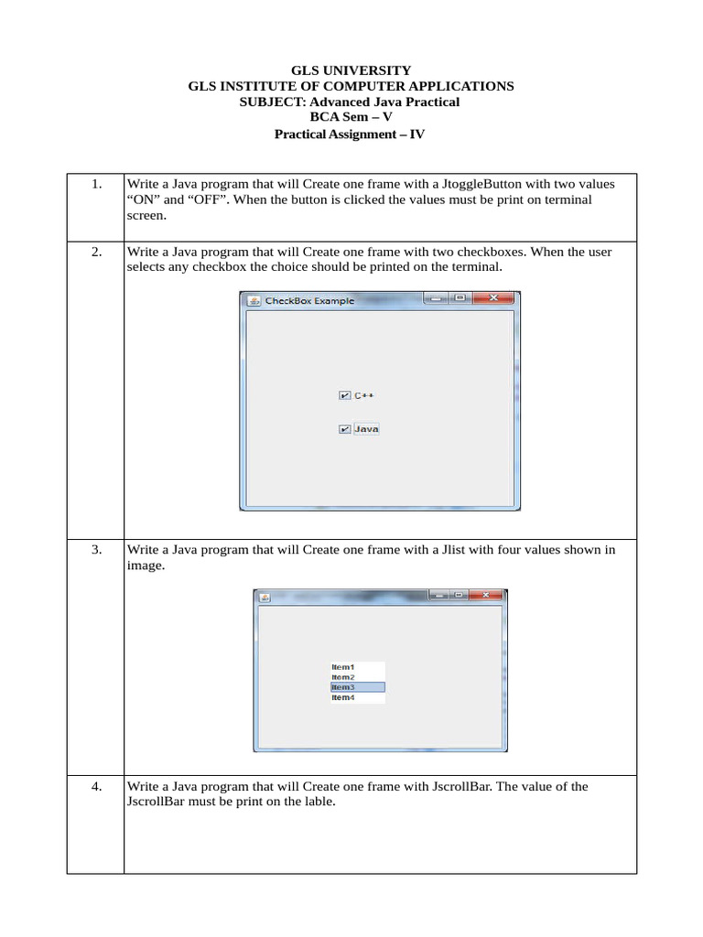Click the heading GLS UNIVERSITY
351,70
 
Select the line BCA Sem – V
351,117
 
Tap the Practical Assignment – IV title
351,135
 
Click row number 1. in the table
96,184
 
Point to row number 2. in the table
96,252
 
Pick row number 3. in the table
96,550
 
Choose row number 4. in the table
96,786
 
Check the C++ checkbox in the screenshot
344,396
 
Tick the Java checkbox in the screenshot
344,429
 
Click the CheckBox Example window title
309,300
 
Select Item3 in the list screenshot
357,687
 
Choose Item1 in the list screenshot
343,667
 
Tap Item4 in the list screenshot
343,698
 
